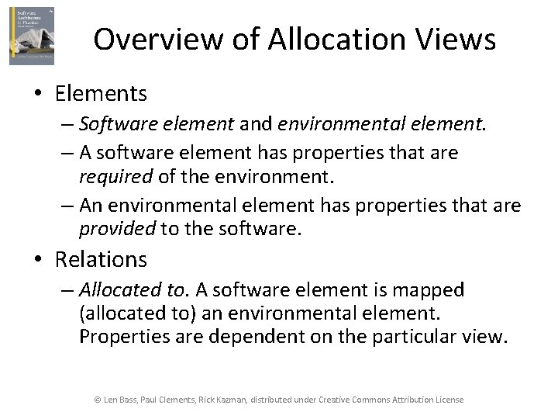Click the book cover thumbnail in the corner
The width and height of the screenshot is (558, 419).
32,36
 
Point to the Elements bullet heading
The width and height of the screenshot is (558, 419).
101,94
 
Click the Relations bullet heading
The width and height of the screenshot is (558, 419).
101,258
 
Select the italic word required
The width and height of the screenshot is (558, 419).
116,176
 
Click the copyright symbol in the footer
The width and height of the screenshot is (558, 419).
98,400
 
